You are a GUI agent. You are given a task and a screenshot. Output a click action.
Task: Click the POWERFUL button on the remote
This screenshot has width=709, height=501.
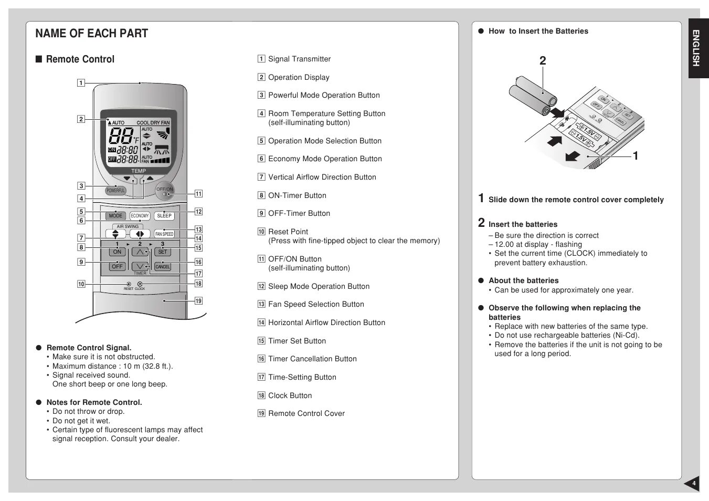[115, 191]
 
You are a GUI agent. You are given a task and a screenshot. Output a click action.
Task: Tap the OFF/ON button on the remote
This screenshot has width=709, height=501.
[164, 192]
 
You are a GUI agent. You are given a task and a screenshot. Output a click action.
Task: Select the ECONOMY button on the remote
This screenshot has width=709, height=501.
[140, 216]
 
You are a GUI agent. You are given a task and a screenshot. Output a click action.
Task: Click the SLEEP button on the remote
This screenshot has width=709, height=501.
[164, 216]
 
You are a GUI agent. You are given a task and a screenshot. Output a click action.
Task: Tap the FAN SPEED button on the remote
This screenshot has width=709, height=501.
[164, 234]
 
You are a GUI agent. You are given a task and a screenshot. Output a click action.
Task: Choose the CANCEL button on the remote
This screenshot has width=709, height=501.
[163, 267]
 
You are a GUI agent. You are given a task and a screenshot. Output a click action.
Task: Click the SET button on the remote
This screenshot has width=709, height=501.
[163, 252]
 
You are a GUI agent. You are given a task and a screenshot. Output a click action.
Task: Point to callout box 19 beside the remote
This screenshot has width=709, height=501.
[198, 301]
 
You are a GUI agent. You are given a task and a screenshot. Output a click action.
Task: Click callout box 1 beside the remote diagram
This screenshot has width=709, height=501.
[81, 82]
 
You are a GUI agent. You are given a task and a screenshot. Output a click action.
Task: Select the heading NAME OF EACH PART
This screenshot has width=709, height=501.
[92, 34]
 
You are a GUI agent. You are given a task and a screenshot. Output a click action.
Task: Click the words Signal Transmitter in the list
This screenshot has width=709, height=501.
[299, 59]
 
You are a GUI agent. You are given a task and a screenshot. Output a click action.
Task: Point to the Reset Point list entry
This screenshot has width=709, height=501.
[288, 232]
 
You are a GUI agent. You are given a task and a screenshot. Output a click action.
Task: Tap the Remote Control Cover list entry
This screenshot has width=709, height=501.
[306, 413]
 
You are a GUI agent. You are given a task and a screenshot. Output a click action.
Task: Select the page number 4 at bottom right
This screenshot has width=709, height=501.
[693, 484]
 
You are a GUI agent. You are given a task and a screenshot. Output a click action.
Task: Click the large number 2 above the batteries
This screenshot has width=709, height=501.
[543, 61]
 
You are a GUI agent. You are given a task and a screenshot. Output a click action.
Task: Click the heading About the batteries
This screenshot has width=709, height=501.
[523, 280]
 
